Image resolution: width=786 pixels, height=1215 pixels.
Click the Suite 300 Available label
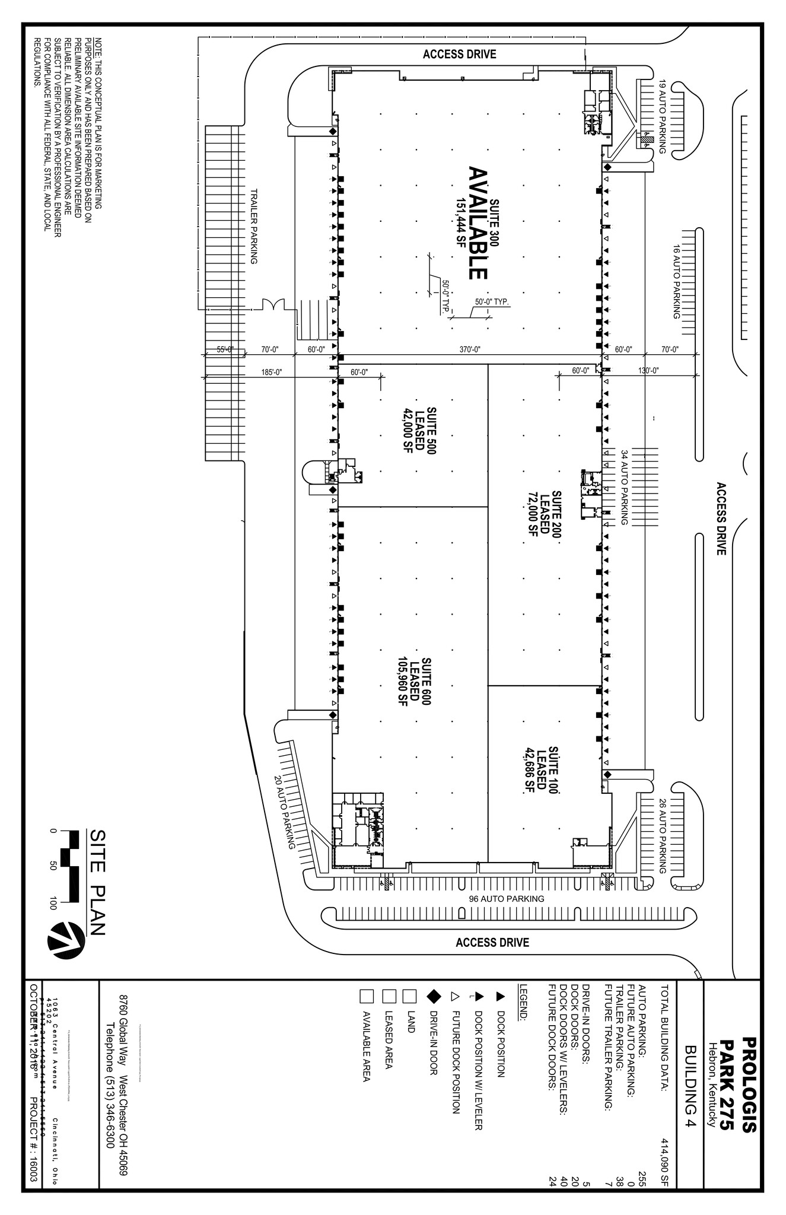point(478,222)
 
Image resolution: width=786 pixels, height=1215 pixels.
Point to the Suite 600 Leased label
point(413,681)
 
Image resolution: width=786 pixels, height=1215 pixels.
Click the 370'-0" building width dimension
point(470,350)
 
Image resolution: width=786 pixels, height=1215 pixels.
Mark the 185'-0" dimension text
point(271,373)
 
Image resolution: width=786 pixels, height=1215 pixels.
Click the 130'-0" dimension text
point(649,371)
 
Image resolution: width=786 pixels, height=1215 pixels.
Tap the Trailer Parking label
point(254,227)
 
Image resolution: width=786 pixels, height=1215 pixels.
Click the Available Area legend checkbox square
point(367,995)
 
